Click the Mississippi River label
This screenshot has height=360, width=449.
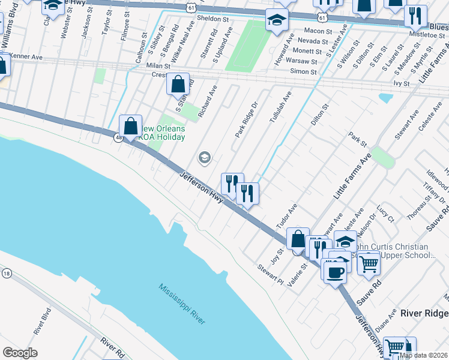tap(182, 304)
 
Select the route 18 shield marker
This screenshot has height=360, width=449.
tap(7, 273)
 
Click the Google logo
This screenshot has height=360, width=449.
tap(20, 353)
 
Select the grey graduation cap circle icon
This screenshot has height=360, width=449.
tap(204, 158)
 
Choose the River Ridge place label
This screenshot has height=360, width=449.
tap(424, 314)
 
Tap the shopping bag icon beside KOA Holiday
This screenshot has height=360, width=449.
tap(130, 127)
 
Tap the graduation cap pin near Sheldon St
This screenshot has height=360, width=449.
tap(277, 20)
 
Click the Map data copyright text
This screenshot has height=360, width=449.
tap(424, 355)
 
